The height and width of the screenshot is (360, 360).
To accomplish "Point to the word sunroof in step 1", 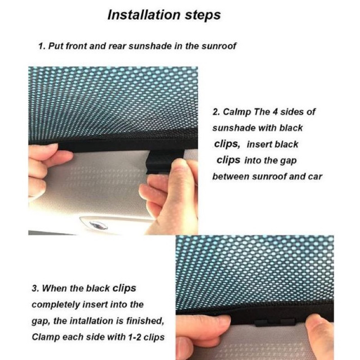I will (x=219, y=46).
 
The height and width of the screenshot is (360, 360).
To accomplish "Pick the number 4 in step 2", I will (x=271, y=112).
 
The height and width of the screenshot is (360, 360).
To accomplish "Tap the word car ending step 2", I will (x=315, y=176).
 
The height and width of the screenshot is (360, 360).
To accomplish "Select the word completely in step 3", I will (x=54, y=304).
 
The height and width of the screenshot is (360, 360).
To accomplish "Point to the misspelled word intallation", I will (x=82, y=320).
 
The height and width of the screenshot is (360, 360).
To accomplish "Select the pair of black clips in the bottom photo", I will (x=275, y=322).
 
